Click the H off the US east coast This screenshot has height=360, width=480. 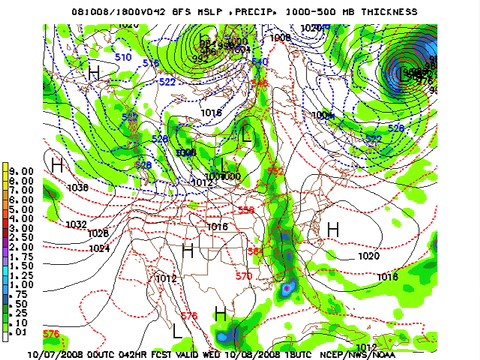tap(333, 230)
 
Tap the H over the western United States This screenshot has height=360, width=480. tap(187, 250)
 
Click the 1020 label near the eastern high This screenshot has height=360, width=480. tap(367, 256)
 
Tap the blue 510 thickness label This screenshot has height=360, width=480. tap(123, 57)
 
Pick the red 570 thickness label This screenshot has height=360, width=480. tap(243, 275)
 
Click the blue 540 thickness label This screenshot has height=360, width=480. tap(260, 62)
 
